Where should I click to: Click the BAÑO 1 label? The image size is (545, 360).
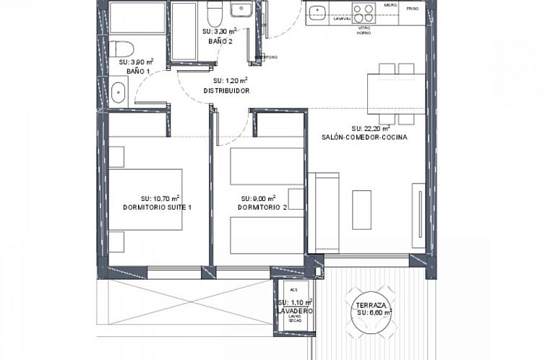138,72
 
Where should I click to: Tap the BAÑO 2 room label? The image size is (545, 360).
220,42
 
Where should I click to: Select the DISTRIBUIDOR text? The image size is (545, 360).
226,91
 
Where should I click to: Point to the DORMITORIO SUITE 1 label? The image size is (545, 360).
157,207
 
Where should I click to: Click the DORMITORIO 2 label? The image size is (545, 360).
262,208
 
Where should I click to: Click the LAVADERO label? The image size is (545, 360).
294,311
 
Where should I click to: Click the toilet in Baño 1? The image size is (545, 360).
123,49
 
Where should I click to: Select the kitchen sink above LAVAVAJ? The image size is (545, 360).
318,12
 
